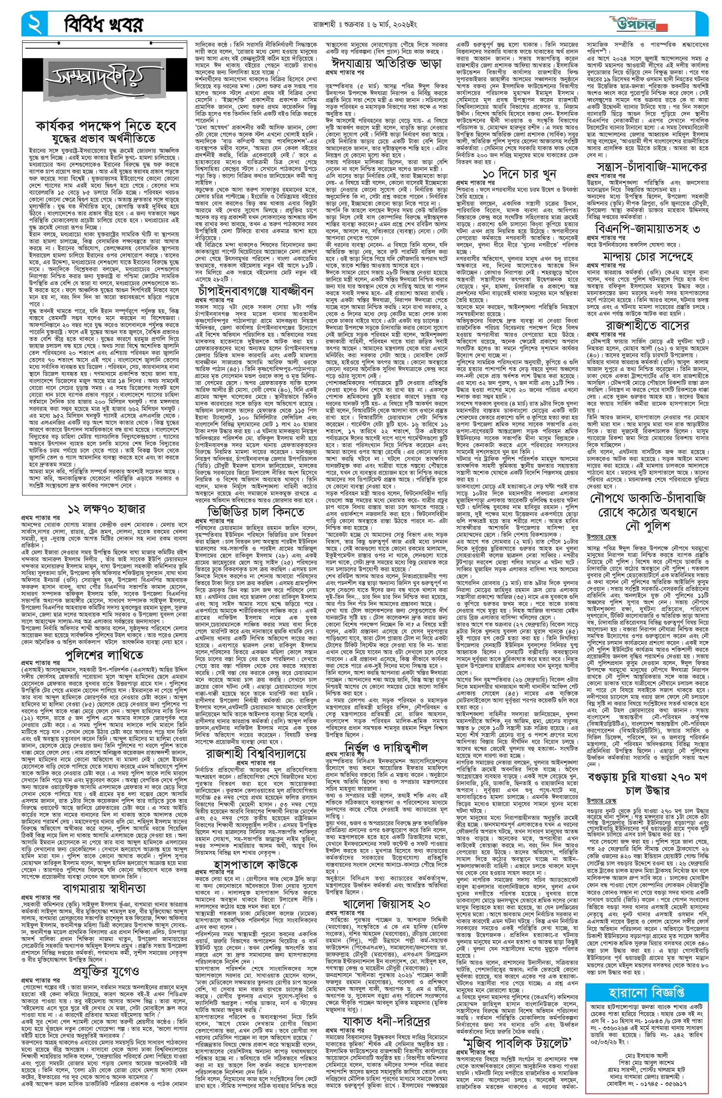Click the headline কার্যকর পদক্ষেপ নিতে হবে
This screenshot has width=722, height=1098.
[x=106, y=126]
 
